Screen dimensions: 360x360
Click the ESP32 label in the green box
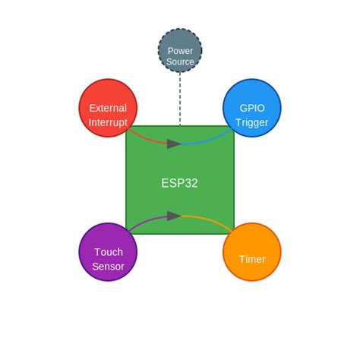coord(179,183)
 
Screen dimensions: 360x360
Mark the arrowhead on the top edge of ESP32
coord(174,144)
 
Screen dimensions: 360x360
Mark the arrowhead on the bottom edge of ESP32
coord(174,216)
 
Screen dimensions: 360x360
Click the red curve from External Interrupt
coord(144,139)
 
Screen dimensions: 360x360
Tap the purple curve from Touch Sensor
coord(144,221)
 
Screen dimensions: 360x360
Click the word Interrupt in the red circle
coord(108,122)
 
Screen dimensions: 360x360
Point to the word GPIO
coord(251,108)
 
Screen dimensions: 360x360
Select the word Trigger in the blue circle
coord(251,122)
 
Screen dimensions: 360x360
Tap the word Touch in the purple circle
coord(108,251)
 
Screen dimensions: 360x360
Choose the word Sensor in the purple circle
coord(108,266)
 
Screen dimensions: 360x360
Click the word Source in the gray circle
coord(180,62)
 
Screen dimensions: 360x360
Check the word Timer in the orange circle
coord(251,259)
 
